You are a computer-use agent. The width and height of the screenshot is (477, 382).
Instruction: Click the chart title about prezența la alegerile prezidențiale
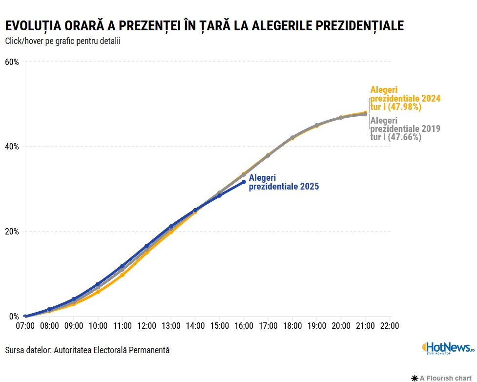[x=204, y=26]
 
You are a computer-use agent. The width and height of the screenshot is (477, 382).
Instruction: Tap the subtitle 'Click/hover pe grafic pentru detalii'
[x=62, y=41]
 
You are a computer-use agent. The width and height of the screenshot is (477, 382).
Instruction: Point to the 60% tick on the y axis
[x=12, y=62]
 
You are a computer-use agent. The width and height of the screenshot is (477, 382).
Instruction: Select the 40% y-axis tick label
[x=12, y=147]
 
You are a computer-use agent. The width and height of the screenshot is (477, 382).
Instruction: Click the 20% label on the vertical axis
[x=12, y=232]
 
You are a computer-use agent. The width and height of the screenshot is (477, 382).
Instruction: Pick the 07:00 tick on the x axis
[x=25, y=326]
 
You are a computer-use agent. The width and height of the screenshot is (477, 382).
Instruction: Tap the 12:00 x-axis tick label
[x=146, y=326]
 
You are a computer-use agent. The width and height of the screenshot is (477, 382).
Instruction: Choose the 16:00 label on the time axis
[x=244, y=326]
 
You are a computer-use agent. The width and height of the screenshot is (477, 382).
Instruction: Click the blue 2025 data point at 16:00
[x=244, y=182]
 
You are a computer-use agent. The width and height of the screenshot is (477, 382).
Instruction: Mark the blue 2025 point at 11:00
[x=122, y=266]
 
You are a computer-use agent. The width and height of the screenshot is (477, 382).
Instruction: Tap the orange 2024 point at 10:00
[x=98, y=292]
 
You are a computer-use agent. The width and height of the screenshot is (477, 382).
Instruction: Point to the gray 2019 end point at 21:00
[x=365, y=114]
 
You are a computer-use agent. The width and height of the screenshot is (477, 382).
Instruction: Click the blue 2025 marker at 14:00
[x=195, y=210]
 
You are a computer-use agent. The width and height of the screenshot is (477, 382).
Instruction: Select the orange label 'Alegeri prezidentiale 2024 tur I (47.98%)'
[x=405, y=98]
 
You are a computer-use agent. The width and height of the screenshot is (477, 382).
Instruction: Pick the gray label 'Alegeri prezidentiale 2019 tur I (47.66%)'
[x=405, y=129]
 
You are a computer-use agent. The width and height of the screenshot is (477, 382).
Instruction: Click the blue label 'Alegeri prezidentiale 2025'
[x=284, y=182]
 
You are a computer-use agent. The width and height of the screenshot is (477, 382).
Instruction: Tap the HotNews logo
[x=448, y=348]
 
